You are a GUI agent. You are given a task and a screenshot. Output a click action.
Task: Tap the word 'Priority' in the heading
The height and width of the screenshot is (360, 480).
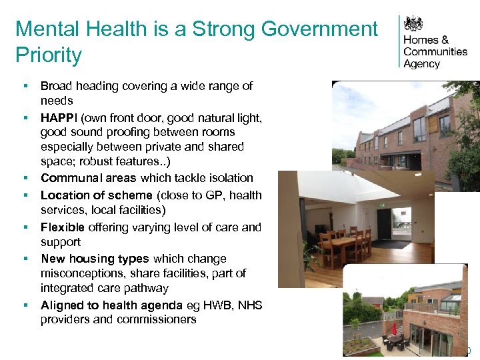[x=49, y=55]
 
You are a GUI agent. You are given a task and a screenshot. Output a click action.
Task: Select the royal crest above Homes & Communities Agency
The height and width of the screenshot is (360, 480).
[x=415, y=24]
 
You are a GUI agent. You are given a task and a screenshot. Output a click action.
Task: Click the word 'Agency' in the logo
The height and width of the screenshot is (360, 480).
[x=421, y=64]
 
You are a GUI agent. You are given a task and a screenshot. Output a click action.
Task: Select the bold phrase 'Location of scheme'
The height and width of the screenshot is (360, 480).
[x=97, y=195]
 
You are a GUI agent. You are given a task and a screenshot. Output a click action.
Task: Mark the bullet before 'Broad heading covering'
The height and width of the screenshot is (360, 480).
[x=25, y=87]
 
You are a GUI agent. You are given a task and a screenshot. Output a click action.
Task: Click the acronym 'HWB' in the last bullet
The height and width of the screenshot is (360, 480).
[x=223, y=305]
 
